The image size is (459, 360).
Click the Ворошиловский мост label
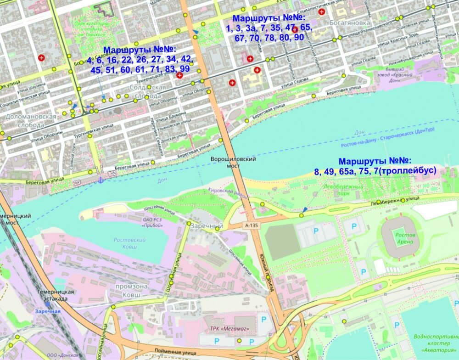click(233, 163)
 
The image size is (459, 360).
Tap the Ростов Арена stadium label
click(405, 238)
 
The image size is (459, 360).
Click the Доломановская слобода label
click(31, 121)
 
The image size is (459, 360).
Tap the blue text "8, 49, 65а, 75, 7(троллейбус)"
click(375, 171)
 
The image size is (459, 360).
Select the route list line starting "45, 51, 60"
click(140, 69)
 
